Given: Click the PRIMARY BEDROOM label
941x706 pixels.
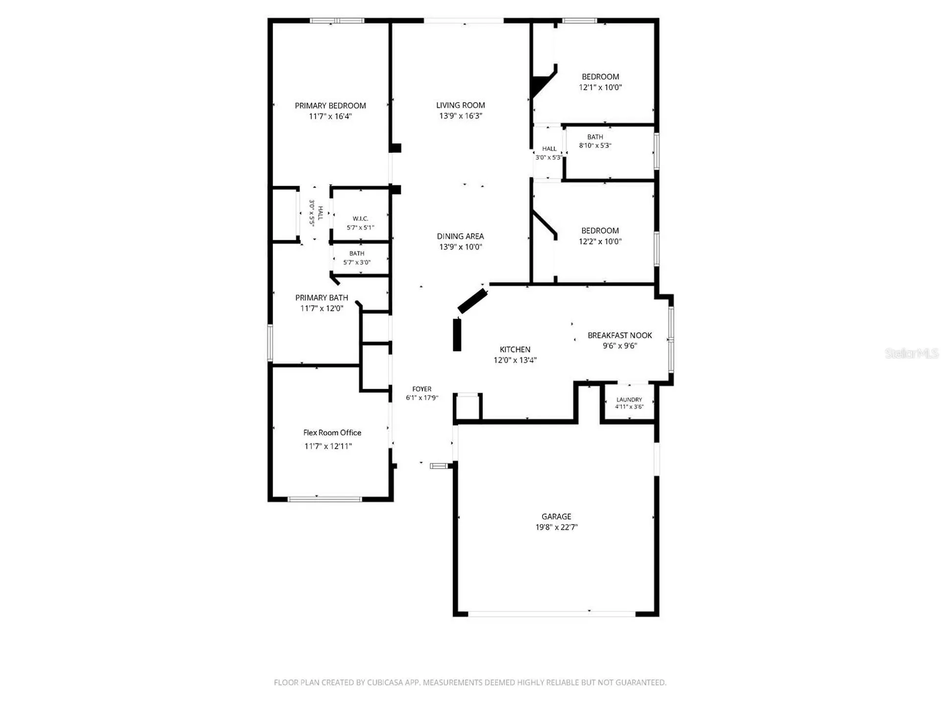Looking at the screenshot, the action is (330, 106).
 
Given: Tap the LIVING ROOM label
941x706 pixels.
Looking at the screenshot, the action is (461, 105).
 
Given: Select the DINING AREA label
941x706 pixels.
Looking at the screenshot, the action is (460, 236).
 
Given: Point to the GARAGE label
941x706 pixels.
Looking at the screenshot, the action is (556, 517).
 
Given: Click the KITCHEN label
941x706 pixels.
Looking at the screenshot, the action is (515, 350).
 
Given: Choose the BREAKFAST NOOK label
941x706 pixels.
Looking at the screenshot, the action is (620, 335).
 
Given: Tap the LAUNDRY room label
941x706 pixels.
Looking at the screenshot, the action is (629, 400).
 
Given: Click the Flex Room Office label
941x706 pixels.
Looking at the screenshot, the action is (332, 432).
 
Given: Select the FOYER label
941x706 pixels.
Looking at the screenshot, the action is (422, 389).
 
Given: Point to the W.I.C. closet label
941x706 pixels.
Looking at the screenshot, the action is (360, 219).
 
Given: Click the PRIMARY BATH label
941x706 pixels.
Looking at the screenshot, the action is (322, 298).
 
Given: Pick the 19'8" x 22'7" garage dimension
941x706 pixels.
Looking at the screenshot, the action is (557, 528).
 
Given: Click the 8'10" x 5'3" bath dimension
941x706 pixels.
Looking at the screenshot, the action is (595, 146).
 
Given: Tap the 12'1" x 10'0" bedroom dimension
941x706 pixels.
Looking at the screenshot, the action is (600, 87).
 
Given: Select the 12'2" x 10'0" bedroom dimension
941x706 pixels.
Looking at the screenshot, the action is (600, 241).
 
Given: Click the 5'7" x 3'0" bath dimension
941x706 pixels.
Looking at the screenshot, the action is (357, 262).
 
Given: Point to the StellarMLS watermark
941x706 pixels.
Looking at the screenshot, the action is (912, 353).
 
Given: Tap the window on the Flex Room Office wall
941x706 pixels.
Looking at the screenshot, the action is (324, 499).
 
